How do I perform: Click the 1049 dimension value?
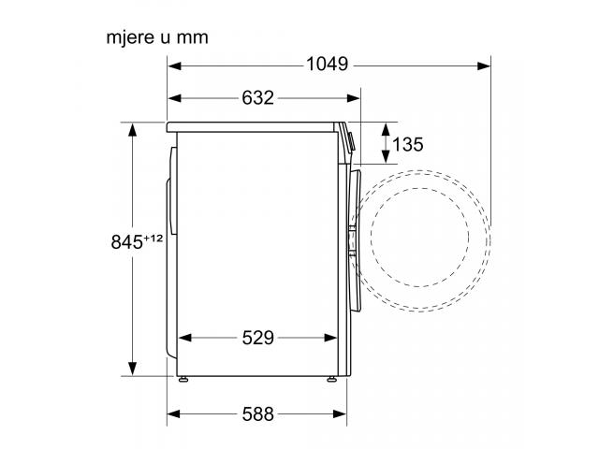[327, 65]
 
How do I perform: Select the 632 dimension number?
[258, 97]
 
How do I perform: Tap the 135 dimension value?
[408, 144]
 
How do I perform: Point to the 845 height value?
[127, 241]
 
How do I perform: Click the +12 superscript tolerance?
[153, 239]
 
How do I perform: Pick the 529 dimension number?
[258, 338]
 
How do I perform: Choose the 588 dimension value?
[258, 413]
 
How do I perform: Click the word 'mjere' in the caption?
[130, 38]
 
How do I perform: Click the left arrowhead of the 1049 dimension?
[175, 66]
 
